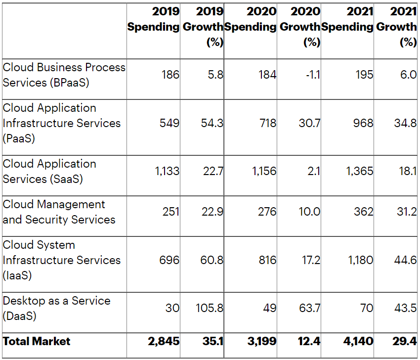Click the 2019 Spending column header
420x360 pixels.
[153, 19]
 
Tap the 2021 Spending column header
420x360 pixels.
[348, 19]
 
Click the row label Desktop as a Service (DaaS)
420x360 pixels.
[56, 308]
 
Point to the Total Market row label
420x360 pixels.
[37, 341]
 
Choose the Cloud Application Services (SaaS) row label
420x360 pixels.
[49, 171]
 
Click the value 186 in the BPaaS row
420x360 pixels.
[170, 75]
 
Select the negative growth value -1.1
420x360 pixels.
[313, 75]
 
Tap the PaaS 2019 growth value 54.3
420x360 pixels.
[212, 123]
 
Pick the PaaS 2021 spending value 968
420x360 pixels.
[363, 123]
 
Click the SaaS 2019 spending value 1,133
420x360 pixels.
[167, 172]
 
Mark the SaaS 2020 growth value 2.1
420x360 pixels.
[313, 172]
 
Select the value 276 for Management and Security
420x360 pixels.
[267, 212]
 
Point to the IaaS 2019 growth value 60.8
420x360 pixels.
[211, 260]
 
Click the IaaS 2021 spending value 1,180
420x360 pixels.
[361, 260]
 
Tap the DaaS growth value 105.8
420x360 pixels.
[210, 309]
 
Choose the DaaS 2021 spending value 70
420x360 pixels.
[367, 309]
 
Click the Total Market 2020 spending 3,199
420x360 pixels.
[262, 341]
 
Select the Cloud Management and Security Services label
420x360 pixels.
[59, 212]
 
